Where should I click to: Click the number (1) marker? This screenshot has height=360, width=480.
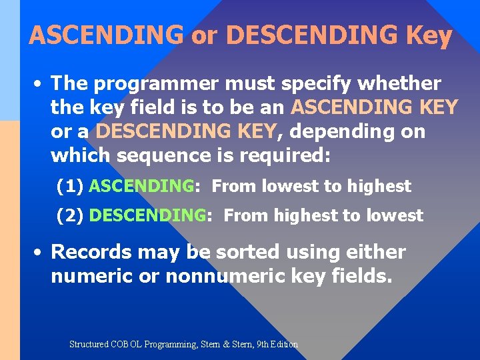click(70, 187)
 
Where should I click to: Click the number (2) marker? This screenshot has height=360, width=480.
click(70, 215)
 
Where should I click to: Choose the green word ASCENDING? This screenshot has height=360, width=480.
click(141, 187)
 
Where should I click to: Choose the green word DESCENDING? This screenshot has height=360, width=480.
click(147, 215)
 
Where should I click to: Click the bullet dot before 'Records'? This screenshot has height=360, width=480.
click(39, 253)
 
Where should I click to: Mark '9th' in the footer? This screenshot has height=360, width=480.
click(263, 345)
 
